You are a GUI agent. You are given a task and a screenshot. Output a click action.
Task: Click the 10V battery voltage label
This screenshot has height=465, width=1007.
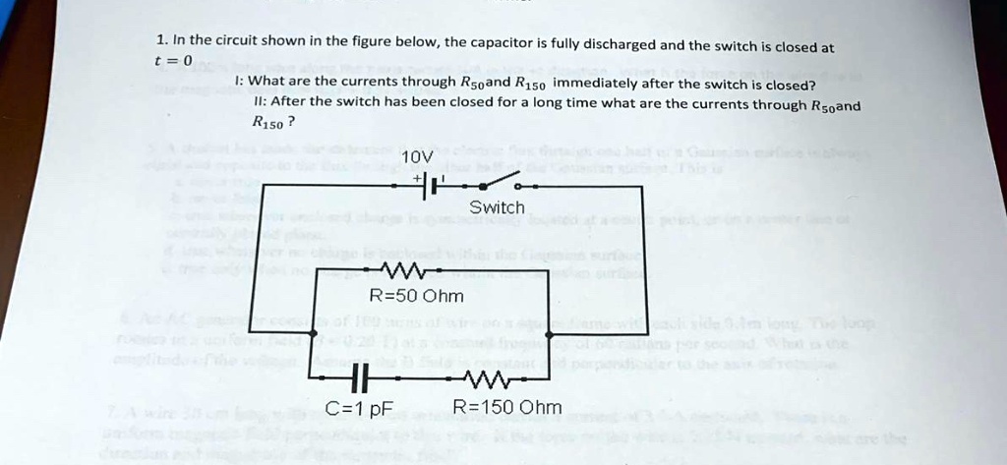(x=417, y=157)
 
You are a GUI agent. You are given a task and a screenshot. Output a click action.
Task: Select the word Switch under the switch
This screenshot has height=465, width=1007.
(x=497, y=207)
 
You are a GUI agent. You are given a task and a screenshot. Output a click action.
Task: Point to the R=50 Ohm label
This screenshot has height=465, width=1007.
(x=415, y=296)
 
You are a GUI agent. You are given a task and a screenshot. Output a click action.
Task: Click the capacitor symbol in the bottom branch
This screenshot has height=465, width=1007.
(x=359, y=377)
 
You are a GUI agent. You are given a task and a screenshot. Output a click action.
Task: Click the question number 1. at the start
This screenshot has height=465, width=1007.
(x=162, y=40)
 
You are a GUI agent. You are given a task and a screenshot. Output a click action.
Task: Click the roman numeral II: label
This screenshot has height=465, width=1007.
(x=259, y=102)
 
